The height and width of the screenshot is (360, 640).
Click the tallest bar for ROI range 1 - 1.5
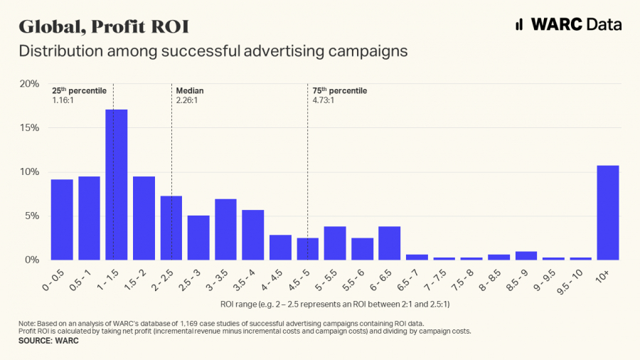(117, 185)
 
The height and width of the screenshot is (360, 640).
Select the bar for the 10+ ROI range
(608, 213)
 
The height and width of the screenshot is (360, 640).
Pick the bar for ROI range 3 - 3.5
(225, 229)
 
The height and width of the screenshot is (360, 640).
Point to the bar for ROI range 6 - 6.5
(389, 243)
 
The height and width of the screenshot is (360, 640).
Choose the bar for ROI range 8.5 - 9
(526, 255)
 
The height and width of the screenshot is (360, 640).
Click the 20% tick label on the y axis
(29, 84)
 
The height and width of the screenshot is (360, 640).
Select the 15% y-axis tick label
(29, 128)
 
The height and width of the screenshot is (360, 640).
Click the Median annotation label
(190, 91)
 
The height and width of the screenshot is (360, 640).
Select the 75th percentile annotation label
(340, 90)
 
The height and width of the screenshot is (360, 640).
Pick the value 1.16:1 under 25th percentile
(63, 100)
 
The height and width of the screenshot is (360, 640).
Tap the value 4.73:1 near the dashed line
(324, 100)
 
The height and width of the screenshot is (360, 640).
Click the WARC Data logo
(568, 24)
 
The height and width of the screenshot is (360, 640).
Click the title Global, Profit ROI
(104, 26)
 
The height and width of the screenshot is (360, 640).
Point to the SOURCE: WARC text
(48, 341)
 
